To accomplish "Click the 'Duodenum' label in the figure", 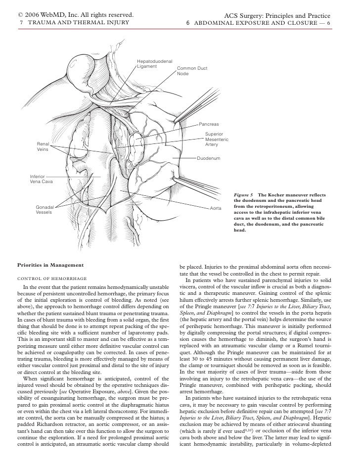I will pyautogui.click(x=209, y=159).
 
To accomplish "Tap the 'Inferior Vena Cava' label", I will pyautogui.click(x=41, y=179).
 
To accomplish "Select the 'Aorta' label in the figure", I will pyautogui.click(x=216, y=208).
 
